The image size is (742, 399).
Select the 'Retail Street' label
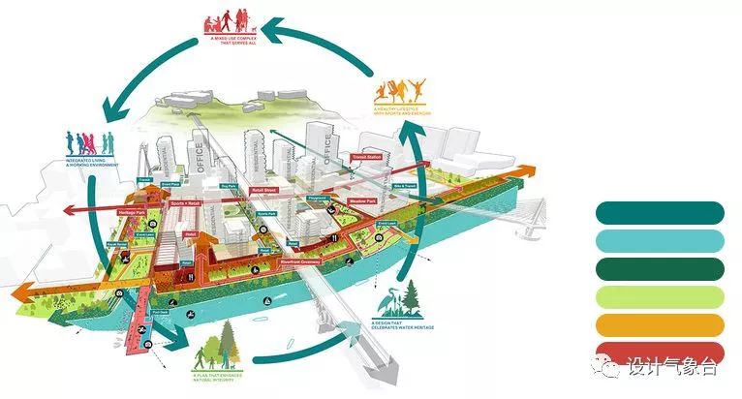pos(264,191)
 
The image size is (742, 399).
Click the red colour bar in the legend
pos(660,353)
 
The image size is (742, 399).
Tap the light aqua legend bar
pos(660,240)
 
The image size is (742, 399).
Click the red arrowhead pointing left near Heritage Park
pos(69,208)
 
